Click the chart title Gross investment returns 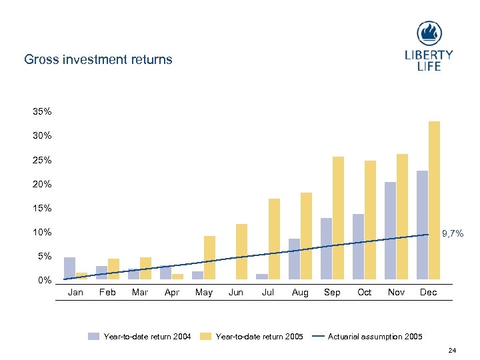click(98, 59)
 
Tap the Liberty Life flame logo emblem click(429, 33)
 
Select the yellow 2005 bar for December click(434, 200)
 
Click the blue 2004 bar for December click(422, 225)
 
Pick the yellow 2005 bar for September click(338, 217)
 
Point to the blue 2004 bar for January click(69, 268)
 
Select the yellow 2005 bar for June click(241, 251)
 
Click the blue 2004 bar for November click(390, 230)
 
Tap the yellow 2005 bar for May click(209, 257)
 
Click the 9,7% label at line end click(453, 234)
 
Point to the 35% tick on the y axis click(43, 111)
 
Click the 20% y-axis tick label click(43, 184)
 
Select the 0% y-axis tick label click(45, 280)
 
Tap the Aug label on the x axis click(300, 293)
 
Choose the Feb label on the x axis click(107, 293)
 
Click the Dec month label click(428, 293)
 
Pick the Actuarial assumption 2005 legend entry click(375, 336)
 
